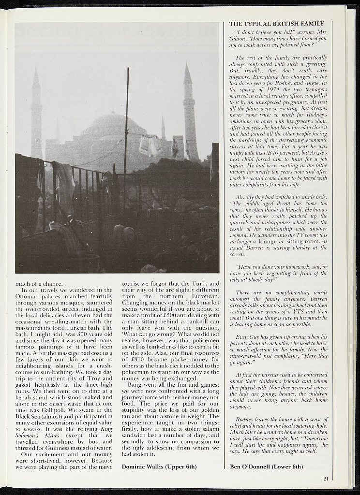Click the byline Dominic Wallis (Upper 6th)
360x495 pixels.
tap(159, 467)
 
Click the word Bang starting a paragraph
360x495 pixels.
tap(135, 385)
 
